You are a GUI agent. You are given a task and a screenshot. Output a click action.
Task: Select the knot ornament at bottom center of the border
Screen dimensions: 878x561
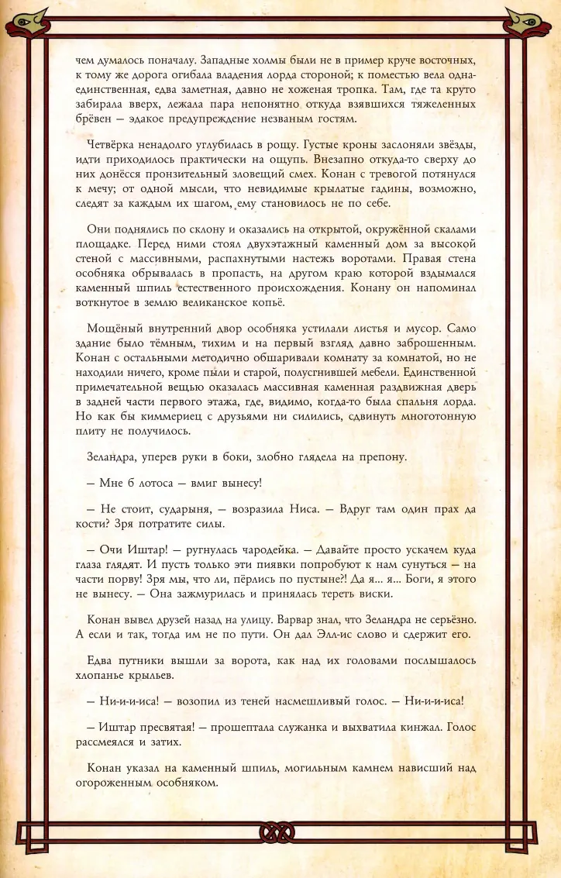tap(280, 834)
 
